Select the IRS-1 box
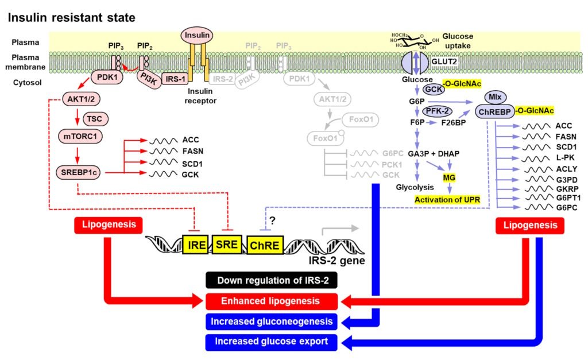click(x=169, y=78)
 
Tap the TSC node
click(x=95, y=118)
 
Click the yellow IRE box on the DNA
click(x=195, y=245)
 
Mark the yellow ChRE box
click(x=264, y=246)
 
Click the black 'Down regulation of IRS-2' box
click(x=271, y=280)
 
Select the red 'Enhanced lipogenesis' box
click(x=271, y=300)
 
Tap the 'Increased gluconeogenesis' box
click(x=271, y=320)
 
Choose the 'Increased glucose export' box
click(x=271, y=341)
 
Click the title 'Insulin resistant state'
click(x=71, y=18)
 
